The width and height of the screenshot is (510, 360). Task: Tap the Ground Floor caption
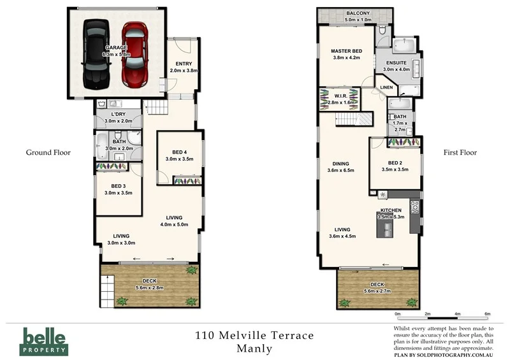48,152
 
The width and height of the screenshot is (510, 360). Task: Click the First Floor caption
460,152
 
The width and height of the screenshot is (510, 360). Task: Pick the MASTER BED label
347,51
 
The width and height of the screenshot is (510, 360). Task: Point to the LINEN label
386,87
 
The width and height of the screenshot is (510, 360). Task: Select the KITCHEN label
390,210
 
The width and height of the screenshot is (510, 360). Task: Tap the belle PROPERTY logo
45,340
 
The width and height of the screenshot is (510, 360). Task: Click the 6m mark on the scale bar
487,314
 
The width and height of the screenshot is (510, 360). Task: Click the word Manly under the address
254,349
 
